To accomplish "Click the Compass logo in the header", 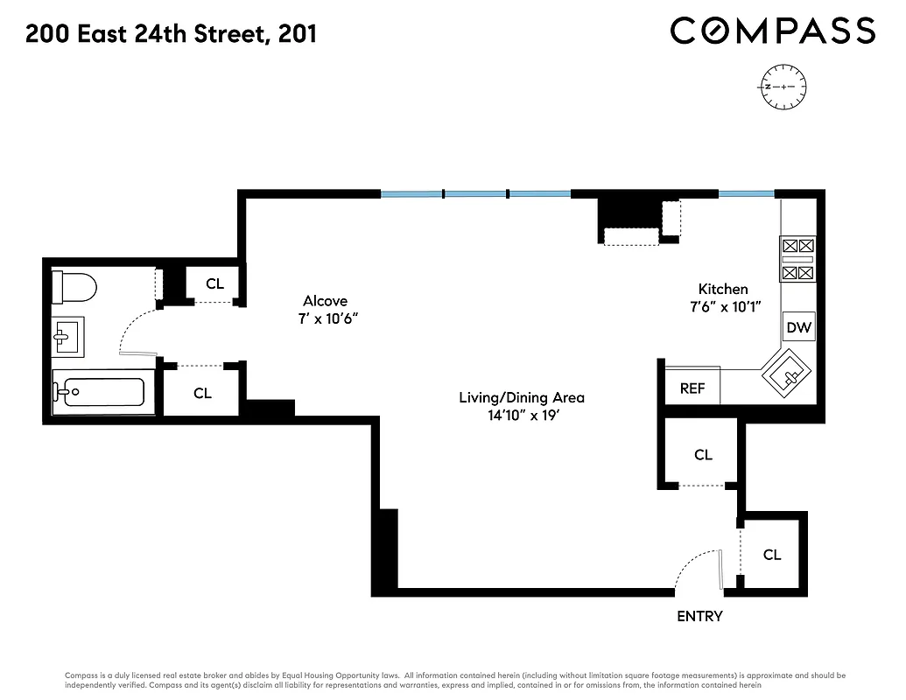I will tap(773, 31).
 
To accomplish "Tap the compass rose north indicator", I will tap(784, 87).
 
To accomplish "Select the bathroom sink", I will tap(67, 335).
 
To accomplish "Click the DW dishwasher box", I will tap(798, 328).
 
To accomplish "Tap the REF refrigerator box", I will tap(692, 388).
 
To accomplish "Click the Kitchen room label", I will tap(722, 290).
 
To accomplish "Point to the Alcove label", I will tap(326, 301).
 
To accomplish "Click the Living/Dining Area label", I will tap(522, 397).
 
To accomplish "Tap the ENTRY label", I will tap(699, 616).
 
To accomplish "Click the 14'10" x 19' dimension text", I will tap(523, 416).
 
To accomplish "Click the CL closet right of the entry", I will tap(771, 555).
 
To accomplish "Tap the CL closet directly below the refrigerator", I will tap(703, 455).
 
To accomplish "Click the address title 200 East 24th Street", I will tap(172, 34).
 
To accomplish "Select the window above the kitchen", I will tap(746, 192).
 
